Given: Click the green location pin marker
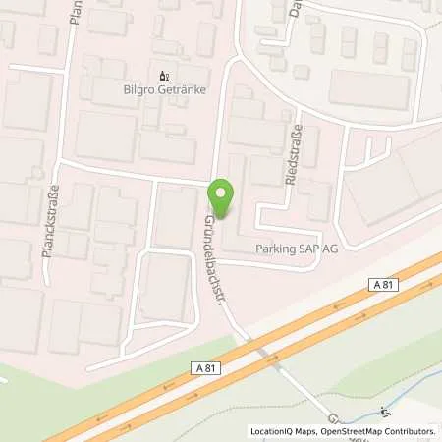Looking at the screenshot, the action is click(x=224, y=200).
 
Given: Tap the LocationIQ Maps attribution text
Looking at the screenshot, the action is click(x=285, y=431).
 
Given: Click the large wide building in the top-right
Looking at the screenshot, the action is click(x=368, y=89).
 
